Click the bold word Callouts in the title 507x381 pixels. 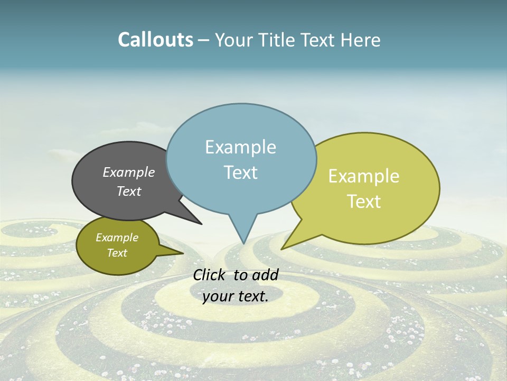click(155, 40)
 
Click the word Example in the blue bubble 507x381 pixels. click(240, 147)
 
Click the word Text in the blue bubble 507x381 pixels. click(240, 173)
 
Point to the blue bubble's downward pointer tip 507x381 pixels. click(243, 243)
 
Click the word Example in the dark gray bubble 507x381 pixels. click(128, 172)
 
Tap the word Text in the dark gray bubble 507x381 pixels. click(128, 191)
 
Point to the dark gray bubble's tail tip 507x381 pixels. click(201, 224)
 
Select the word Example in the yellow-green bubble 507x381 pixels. click(364, 176)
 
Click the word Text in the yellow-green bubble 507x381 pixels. click(364, 202)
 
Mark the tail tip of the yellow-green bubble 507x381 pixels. click(282, 249)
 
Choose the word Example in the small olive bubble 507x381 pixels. click(117, 238)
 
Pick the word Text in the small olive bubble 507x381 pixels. click(117, 253)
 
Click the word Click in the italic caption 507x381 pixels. click(210, 275)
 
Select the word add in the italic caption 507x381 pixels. click(266, 275)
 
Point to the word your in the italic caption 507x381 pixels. click(218, 296)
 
